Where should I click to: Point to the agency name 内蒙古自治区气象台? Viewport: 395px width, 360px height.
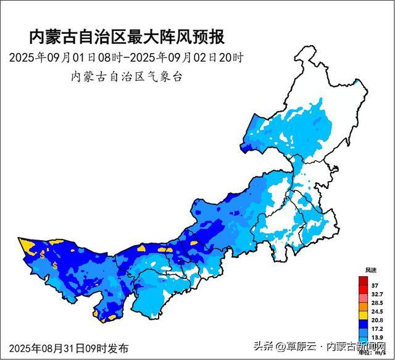tap(128, 77)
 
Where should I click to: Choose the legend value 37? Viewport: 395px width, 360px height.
tap(375, 285)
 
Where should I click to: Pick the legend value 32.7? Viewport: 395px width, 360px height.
tap(376, 295)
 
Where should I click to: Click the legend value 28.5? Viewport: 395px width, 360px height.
tap(376, 303)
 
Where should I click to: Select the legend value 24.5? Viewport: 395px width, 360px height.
tap(376, 312)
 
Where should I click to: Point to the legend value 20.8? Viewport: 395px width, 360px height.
tap(376, 321)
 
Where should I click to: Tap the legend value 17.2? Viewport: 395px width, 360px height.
tap(376, 330)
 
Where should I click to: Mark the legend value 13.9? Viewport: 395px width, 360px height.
tap(376, 339)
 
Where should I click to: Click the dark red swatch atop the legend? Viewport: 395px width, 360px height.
tap(364, 281)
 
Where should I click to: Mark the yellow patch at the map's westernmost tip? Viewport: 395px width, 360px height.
tap(27, 245)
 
